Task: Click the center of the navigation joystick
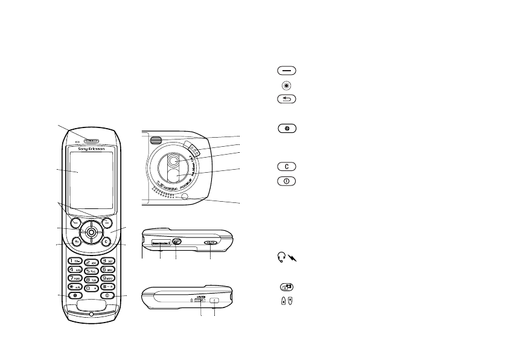[91, 231]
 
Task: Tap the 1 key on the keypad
[75, 260]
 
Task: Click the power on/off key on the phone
[107, 295]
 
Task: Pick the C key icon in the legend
[287, 166]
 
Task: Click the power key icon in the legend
[287, 180]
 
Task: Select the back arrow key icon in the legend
[287, 99]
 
